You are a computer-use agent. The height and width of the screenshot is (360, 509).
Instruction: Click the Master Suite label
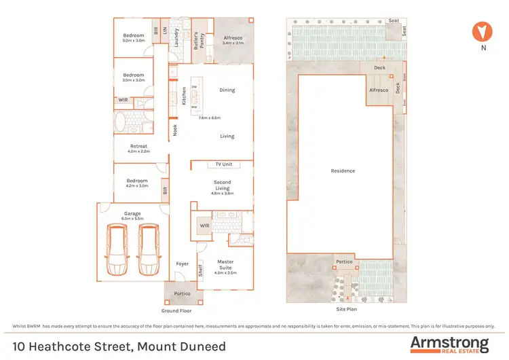225,264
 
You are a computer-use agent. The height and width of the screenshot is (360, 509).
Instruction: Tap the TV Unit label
223,164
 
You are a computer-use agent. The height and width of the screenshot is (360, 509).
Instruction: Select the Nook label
175,130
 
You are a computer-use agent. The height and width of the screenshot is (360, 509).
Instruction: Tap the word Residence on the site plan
343,171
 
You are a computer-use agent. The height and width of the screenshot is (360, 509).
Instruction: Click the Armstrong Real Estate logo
449,344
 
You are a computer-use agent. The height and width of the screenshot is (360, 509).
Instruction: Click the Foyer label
183,264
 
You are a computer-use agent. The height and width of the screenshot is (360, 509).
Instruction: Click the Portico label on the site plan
344,262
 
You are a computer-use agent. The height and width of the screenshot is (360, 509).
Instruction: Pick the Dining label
227,90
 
